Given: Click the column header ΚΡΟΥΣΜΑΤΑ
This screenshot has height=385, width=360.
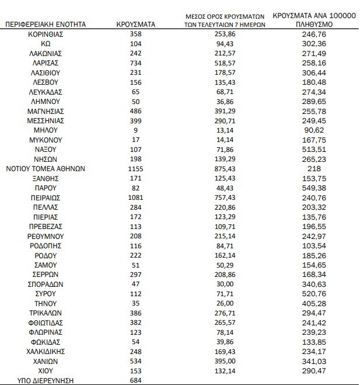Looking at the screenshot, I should pos(135,25).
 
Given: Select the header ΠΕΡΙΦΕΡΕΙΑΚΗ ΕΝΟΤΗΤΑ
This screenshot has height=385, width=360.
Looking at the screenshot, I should pos(46,25).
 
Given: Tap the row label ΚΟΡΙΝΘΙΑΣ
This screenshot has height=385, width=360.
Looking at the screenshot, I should pos(46,34).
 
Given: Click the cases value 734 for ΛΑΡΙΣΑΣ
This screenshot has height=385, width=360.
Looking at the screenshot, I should pos(135,62).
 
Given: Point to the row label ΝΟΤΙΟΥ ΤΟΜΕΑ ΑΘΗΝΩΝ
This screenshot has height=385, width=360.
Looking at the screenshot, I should pos(46,168).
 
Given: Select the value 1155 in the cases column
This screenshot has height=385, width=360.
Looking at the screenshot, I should pos(135,168).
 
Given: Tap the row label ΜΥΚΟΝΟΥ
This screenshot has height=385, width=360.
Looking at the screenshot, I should pos(46,140).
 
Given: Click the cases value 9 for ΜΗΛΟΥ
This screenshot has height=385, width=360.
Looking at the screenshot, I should pos(135,130).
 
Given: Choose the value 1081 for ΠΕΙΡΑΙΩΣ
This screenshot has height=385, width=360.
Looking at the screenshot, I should pos(135,197).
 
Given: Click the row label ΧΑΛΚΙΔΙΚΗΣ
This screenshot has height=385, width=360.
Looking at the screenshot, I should pos(46,351).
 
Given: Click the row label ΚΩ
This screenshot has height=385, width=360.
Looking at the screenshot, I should pos(46,44).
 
